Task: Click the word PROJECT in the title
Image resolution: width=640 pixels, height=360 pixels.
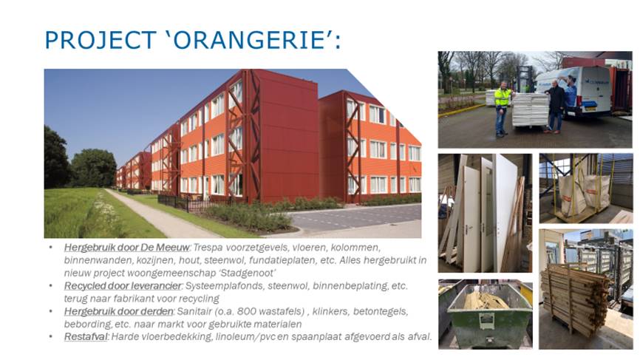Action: tap(100, 40)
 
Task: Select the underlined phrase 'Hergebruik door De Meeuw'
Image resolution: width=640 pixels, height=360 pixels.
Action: tap(126, 248)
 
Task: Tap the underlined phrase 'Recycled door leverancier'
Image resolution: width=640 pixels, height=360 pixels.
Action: tap(123, 286)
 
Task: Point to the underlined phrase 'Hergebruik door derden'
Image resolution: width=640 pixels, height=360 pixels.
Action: tap(119, 311)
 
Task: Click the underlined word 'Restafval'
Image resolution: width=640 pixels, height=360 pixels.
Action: tap(86, 337)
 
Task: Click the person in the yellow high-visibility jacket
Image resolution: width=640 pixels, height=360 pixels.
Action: tap(502, 108)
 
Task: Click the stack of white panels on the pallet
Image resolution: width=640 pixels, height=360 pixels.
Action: tap(530, 109)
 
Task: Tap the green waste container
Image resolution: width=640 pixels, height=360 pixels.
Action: tap(486, 316)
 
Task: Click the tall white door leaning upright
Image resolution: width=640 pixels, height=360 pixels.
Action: tap(506, 212)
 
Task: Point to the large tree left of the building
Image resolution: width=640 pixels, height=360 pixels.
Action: tap(93, 168)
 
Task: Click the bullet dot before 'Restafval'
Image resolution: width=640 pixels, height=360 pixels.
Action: tap(50, 337)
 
